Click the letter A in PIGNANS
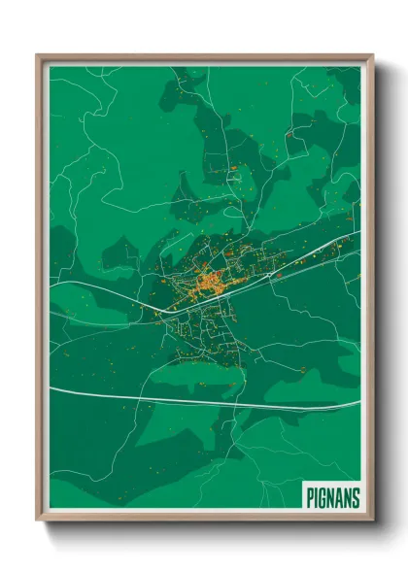[340, 498]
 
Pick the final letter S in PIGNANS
[356, 498]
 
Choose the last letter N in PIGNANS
[348, 498]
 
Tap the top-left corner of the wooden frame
[38, 56]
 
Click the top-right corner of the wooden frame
[371, 56]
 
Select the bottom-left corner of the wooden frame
[38, 520]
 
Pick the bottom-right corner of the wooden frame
[371, 520]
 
